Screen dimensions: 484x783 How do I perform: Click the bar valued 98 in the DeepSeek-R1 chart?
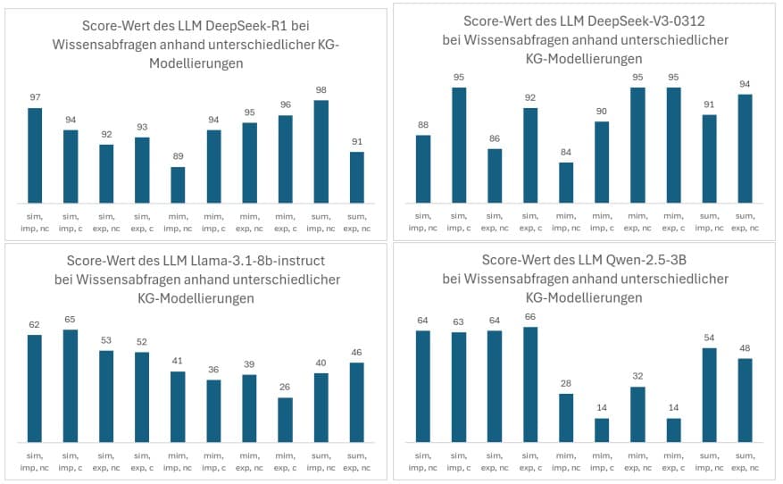321,152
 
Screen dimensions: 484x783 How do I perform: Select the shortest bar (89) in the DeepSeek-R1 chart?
178,185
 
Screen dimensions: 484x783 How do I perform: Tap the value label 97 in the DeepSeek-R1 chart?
35,96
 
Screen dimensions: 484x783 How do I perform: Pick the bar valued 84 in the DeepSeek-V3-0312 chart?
566,183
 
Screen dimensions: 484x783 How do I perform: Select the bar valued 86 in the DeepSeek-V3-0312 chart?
495,176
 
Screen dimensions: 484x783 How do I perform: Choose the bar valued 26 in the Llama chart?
285,420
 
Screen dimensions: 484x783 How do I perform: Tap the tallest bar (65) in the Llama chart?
71,386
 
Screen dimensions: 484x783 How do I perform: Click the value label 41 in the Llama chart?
178,360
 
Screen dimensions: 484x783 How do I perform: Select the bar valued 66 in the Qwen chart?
530,385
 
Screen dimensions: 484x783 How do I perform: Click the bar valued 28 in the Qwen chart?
566,418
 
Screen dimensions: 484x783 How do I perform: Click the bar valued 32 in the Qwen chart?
637,414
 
